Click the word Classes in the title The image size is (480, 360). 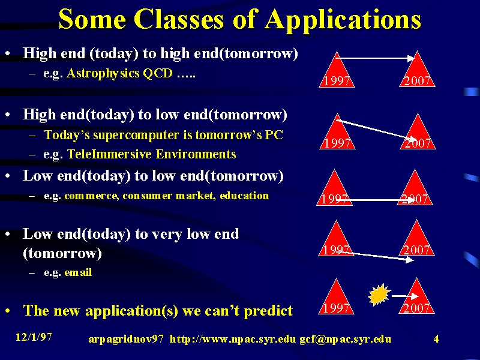(179, 19)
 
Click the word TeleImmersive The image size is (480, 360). (110, 154)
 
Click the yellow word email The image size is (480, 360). (78, 272)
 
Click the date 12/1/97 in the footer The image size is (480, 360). (34, 337)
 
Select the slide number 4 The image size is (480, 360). (436, 338)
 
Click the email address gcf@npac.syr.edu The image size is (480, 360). (346, 339)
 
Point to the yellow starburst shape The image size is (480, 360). (379, 295)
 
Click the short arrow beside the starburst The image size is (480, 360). (405, 296)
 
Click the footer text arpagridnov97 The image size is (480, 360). (126, 340)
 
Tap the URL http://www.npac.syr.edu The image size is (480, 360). (233, 339)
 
